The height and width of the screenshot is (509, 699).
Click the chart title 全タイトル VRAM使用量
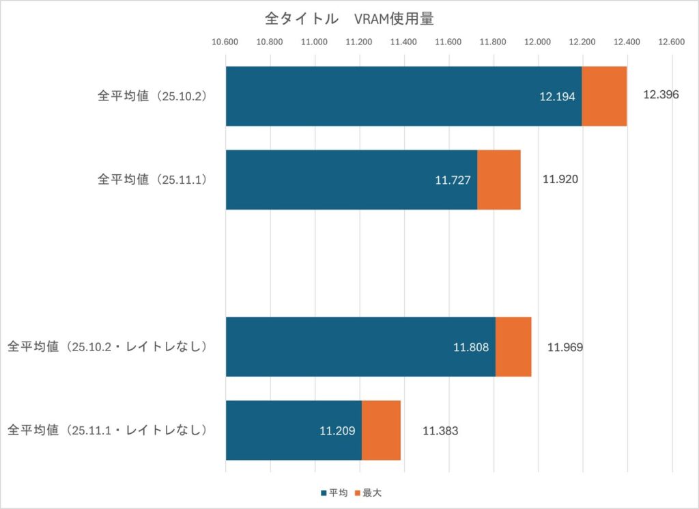[x=349, y=19]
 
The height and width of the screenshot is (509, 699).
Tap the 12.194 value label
[x=557, y=97]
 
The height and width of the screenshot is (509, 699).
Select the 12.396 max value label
[x=661, y=95]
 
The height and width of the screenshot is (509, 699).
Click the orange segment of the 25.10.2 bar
[x=604, y=96]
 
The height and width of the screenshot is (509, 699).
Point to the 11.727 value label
[x=453, y=180]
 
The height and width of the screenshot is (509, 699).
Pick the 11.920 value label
[x=560, y=180]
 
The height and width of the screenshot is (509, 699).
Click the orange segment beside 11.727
[x=498, y=179]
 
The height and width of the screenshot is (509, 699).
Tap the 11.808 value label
[x=471, y=348]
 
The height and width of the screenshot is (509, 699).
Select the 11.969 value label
[x=565, y=347]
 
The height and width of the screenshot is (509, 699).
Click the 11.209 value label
[x=337, y=431]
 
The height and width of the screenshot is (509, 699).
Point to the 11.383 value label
[x=440, y=430]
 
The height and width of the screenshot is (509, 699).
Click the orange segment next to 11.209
[x=381, y=430]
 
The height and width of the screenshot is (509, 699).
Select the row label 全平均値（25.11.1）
[x=152, y=179]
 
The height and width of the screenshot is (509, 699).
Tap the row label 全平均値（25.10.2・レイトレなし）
[x=107, y=347]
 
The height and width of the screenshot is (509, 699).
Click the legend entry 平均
[x=332, y=493]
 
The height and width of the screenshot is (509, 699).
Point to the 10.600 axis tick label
[x=225, y=42]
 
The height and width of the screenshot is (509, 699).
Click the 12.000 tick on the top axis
[x=538, y=42]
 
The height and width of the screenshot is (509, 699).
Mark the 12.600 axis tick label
[x=672, y=42]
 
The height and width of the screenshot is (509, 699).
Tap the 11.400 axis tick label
[x=404, y=42]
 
